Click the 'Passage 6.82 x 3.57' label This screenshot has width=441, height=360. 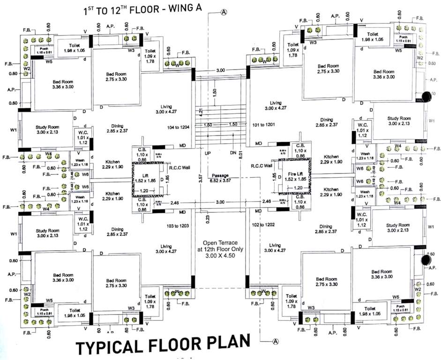tap(220, 178)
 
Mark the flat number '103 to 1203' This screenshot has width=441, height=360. tap(178, 226)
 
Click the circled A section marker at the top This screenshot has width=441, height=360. tap(224, 12)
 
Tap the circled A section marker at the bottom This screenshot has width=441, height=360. tap(276, 341)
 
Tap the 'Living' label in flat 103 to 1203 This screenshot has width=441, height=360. tap(166, 246)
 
